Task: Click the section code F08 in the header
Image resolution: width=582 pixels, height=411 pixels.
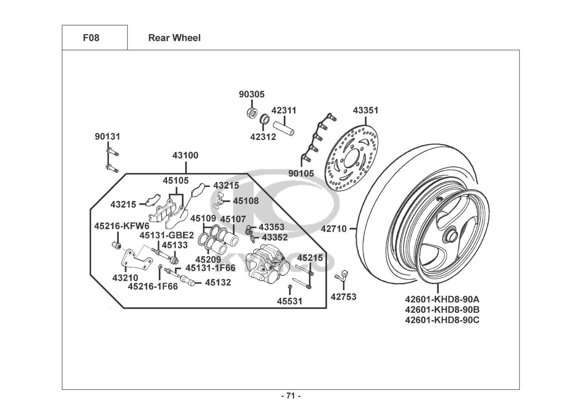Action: tap(91, 38)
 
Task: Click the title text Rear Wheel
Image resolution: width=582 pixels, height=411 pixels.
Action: tap(174, 38)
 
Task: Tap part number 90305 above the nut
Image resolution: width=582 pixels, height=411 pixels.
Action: tap(252, 95)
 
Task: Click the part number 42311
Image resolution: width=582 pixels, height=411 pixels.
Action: tap(284, 111)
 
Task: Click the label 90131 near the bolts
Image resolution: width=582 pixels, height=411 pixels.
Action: tap(108, 136)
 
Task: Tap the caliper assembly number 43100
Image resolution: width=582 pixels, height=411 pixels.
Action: tap(185, 155)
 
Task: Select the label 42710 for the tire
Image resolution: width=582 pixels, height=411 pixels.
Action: tap(334, 229)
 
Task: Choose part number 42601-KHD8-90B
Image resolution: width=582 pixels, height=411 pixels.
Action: tap(442, 309)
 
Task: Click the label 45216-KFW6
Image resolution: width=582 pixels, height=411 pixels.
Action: tap(122, 226)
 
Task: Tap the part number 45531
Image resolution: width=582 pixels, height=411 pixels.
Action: tap(289, 301)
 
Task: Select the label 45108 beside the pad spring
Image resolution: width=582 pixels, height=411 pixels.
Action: tap(246, 201)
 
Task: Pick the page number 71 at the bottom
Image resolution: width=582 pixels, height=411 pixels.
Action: tap(291, 396)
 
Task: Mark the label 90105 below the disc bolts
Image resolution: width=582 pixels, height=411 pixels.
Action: tap(301, 173)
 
